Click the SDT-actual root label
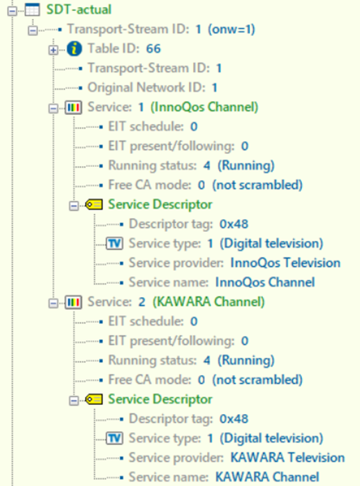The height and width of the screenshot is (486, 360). click(x=79, y=9)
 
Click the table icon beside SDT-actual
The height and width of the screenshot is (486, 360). click(x=33, y=10)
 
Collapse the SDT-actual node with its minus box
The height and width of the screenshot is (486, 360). click(x=12, y=11)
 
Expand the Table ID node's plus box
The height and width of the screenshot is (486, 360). click(x=53, y=50)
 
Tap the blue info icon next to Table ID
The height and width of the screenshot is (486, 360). click(x=74, y=48)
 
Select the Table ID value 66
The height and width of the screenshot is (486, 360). click(x=154, y=48)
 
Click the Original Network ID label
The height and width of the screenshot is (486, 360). click(x=146, y=88)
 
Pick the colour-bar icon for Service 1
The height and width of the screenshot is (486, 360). click(x=73, y=107)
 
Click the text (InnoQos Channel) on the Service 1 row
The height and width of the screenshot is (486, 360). click(x=204, y=107)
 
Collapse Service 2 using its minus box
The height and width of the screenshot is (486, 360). click(x=53, y=303)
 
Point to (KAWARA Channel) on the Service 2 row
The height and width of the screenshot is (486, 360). click(x=208, y=302)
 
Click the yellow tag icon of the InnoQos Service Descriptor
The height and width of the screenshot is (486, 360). click(x=94, y=204)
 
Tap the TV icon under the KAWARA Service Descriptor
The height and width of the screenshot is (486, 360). click(x=114, y=439)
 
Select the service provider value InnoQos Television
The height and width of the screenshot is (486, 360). click(x=285, y=263)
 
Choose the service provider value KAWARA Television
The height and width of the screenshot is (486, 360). click(x=287, y=458)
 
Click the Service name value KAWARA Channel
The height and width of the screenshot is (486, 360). click(x=267, y=477)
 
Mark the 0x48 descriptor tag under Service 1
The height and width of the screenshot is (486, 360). click(x=234, y=224)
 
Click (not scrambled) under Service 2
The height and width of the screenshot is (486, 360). click(x=258, y=379)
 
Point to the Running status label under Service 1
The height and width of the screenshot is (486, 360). click(x=152, y=166)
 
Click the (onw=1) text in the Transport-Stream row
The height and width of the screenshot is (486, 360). click(x=231, y=30)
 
